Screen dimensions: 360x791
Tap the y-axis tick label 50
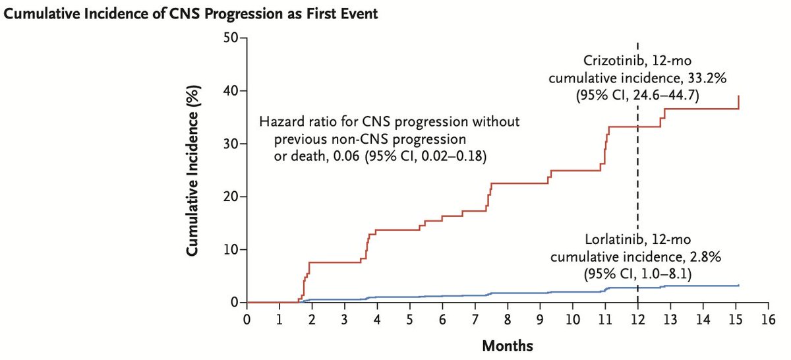230,38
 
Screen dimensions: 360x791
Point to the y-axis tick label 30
230,144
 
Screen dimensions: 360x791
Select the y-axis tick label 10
230,249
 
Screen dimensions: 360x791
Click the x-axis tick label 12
637,319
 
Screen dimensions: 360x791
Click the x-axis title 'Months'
507,345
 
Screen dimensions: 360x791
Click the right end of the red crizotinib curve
738,96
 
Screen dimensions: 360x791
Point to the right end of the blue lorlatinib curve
738,285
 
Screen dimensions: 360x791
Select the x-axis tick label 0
247,319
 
